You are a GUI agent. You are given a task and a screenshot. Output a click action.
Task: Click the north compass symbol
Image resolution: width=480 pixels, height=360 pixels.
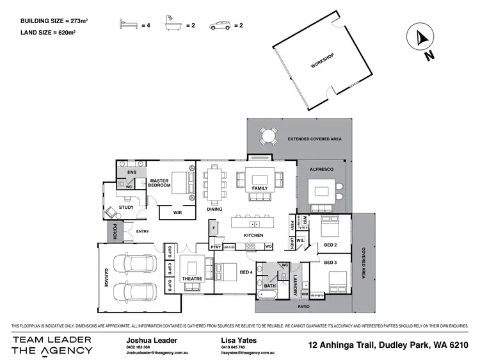coord(421,38)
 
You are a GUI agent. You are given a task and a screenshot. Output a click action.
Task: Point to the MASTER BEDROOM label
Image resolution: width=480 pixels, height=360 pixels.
coord(159,183)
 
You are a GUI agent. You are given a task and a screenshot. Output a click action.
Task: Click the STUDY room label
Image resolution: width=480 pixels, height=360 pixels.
coord(125,207)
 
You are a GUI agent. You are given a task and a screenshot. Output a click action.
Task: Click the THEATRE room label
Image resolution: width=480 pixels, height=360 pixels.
coord(192,279)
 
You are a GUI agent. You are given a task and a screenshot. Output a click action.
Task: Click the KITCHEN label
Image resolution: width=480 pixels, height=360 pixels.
coord(253,236)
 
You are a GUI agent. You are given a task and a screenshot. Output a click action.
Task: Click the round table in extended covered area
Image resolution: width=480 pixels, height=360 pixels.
coord(268,135)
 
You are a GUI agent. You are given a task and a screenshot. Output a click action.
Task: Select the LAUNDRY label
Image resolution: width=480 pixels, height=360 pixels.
coord(296,283)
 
